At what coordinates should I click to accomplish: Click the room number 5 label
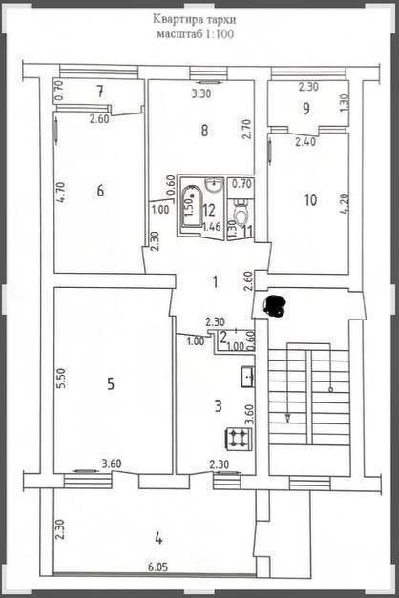(111, 383)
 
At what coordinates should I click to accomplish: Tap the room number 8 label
(204, 131)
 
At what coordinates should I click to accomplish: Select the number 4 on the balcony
(158, 539)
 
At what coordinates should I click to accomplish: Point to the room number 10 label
(311, 200)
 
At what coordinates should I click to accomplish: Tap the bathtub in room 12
(192, 206)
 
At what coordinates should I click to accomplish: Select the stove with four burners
(240, 438)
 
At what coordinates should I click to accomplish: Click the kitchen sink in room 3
(247, 377)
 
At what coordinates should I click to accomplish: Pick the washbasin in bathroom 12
(214, 185)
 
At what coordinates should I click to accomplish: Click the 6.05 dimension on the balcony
(158, 567)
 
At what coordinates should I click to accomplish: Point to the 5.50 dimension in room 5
(61, 378)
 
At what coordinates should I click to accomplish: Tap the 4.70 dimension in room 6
(61, 193)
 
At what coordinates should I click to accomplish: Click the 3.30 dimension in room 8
(201, 93)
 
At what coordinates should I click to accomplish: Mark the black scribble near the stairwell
(275, 306)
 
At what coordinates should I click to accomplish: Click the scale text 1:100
(220, 34)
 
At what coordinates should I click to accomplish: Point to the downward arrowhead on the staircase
(288, 418)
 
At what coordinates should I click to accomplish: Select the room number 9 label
(306, 109)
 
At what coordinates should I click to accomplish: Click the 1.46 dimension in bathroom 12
(212, 227)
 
